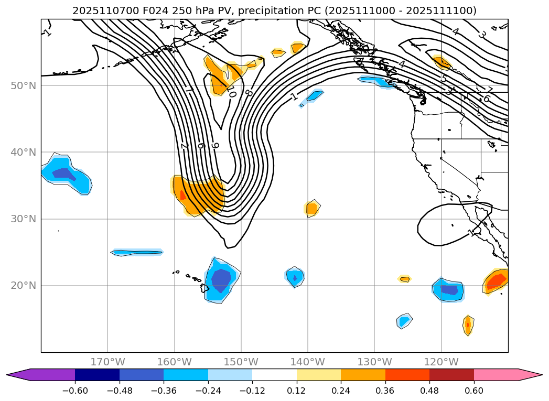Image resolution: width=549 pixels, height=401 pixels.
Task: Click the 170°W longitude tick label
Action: [107, 362]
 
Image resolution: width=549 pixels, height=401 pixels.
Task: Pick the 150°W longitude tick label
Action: [241, 362]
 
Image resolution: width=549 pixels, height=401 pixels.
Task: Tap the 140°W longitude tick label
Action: [308, 362]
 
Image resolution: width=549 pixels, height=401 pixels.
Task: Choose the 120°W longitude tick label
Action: [442, 362]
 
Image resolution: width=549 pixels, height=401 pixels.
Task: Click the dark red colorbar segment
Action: [451, 374]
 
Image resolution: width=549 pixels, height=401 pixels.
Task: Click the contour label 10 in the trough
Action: [231, 93]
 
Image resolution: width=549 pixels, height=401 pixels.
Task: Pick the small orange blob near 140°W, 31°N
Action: [312, 209]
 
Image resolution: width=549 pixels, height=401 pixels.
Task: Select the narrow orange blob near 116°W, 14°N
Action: [468, 325]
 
